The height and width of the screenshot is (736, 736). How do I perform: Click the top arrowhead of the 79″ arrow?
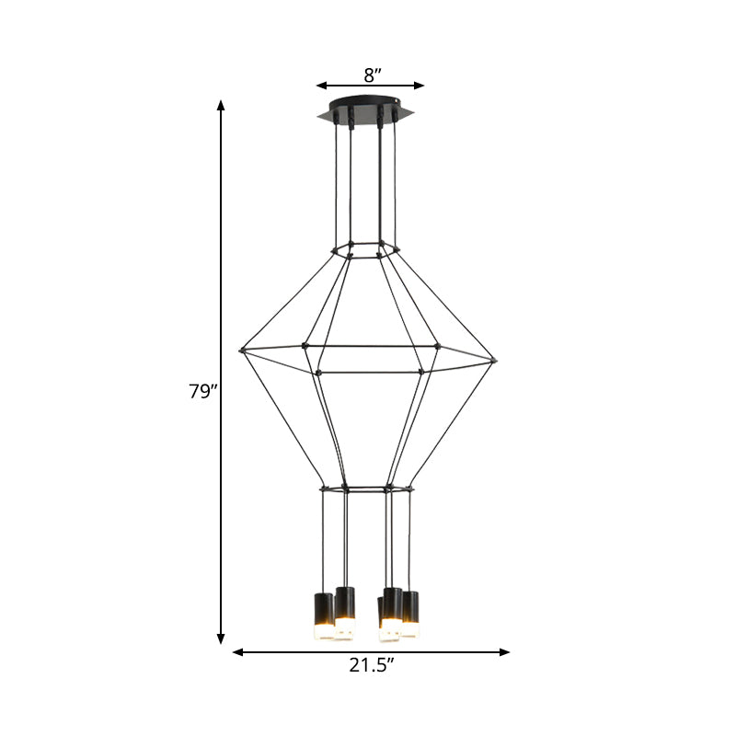(221, 106)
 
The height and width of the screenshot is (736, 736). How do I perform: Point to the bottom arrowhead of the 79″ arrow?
(221, 638)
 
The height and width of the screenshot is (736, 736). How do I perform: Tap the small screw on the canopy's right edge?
(397, 104)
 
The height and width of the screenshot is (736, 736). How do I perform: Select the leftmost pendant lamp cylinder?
(323, 608)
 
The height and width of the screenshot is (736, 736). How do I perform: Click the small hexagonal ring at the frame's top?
(365, 249)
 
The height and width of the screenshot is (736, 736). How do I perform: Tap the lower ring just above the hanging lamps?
(366, 488)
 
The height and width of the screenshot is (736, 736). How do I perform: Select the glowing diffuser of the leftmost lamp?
(323, 632)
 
